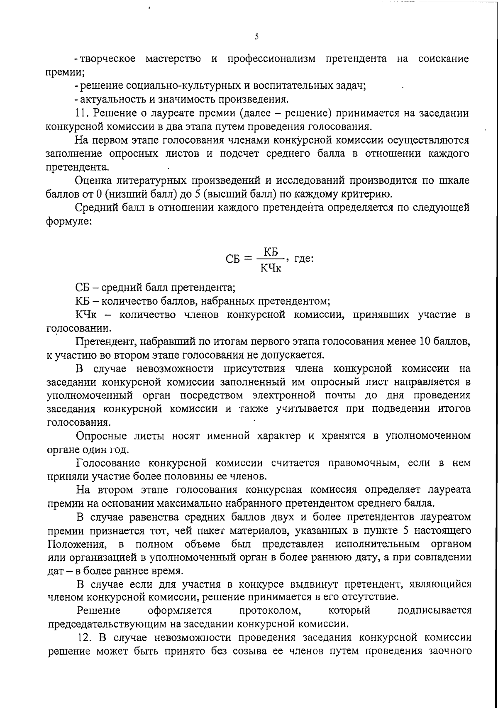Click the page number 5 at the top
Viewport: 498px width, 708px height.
[257, 37]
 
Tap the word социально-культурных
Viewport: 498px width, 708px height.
[182, 86]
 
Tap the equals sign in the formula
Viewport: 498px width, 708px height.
[248, 259]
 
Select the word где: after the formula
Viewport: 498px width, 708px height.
[303, 259]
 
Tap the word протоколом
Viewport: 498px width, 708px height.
[270, 610]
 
